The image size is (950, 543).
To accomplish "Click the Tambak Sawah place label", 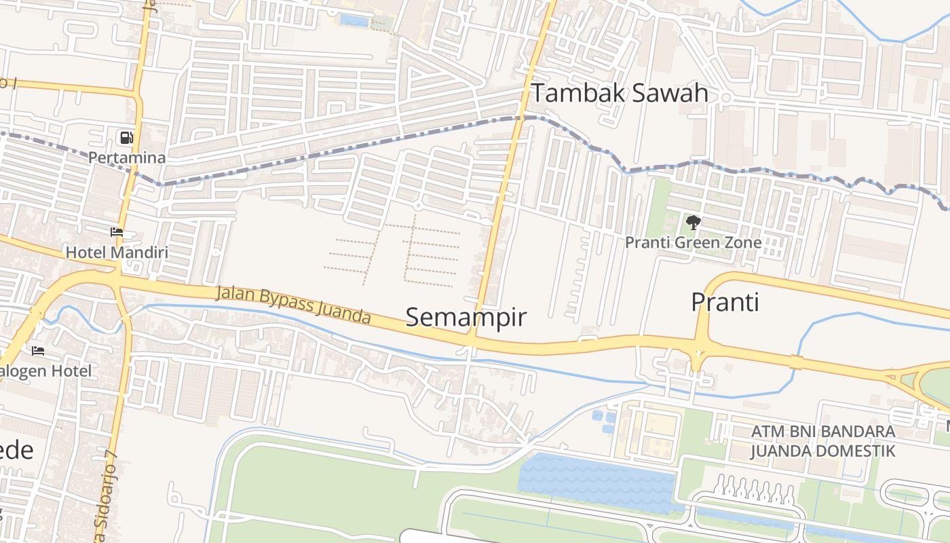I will (x=620, y=93).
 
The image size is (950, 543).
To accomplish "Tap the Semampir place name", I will (x=465, y=317).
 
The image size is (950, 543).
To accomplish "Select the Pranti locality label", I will (x=725, y=301).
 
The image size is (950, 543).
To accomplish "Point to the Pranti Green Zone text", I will (x=693, y=242).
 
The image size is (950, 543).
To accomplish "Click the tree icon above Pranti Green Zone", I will (x=693, y=222).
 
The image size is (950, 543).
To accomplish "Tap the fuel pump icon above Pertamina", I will (x=126, y=138).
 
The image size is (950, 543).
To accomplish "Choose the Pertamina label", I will (x=127, y=157).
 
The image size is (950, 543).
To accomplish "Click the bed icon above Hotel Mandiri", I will (x=117, y=232).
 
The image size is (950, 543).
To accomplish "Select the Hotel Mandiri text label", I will (x=117, y=252).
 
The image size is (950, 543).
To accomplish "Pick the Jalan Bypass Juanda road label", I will (x=293, y=305).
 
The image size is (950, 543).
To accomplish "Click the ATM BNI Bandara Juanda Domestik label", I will (x=822, y=441).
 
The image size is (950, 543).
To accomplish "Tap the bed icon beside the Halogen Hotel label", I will (x=38, y=351).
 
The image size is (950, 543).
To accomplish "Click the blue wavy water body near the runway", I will (x=597, y=482).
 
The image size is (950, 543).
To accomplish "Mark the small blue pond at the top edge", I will (x=354, y=20).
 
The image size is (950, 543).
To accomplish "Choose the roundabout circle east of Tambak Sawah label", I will (x=725, y=98).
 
